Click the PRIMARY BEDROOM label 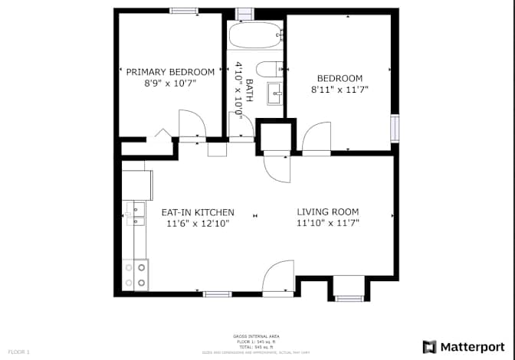[170, 72]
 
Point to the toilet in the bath [268, 69]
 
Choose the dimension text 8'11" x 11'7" [340, 90]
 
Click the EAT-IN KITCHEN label [197, 212]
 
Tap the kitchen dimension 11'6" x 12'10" [197, 224]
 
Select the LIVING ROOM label [328, 212]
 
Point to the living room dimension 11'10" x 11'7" [328, 224]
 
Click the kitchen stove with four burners [135, 275]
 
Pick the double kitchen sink [135, 214]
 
